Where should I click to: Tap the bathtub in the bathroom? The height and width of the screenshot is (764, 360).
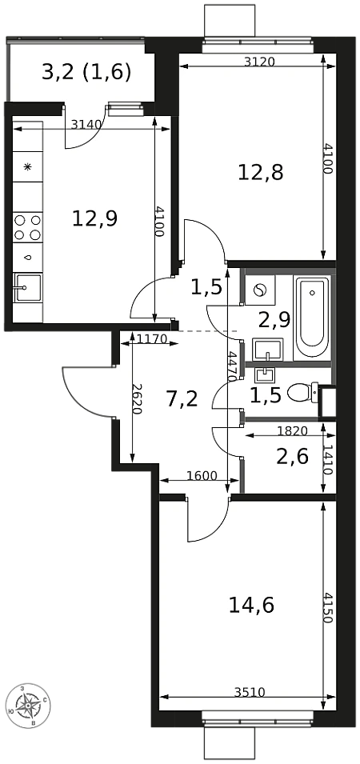(312, 318)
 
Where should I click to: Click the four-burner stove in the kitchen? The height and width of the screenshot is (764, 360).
(27, 227)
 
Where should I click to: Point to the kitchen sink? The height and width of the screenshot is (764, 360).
(27, 288)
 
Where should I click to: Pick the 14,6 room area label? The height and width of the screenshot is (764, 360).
(251, 606)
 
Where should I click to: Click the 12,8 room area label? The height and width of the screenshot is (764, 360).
(261, 173)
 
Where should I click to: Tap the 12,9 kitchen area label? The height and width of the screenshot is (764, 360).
(94, 218)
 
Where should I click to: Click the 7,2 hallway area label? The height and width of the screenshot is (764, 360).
(182, 400)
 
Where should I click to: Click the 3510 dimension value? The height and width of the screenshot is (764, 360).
(250, 692)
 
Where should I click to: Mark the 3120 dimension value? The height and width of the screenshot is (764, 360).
(260, 62)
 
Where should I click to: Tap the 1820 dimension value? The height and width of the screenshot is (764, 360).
(292, 430)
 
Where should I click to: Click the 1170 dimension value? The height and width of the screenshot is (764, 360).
(152, 338)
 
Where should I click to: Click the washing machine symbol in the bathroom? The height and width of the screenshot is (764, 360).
(260, 290)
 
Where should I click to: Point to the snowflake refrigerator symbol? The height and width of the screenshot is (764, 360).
(28, 167)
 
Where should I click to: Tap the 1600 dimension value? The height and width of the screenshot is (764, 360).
(202, 476)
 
